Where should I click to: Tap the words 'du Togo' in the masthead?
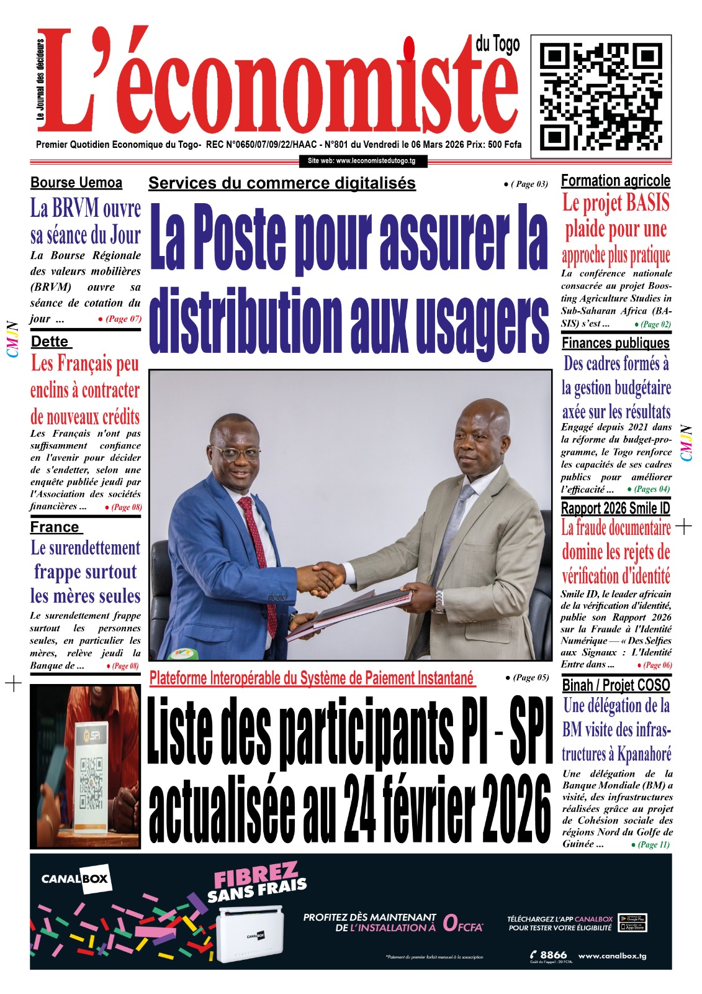coord(497,45)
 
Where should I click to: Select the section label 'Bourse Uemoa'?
coord(76,183)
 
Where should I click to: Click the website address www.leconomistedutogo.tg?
coord(362,161)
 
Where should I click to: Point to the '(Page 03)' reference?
coord(526,184)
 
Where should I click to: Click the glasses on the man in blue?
coord(237,453)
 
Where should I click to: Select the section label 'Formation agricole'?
coord(616,181)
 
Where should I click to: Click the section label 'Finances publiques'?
coord(616,343)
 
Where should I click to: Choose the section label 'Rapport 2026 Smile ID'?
coord(616,508)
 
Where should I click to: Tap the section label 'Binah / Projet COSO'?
coord(616,685)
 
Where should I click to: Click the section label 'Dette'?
coord(50,342)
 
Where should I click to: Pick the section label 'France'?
coord(55,527)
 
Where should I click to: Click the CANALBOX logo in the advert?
coord(75,878)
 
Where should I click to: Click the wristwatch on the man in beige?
coord(440,600)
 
